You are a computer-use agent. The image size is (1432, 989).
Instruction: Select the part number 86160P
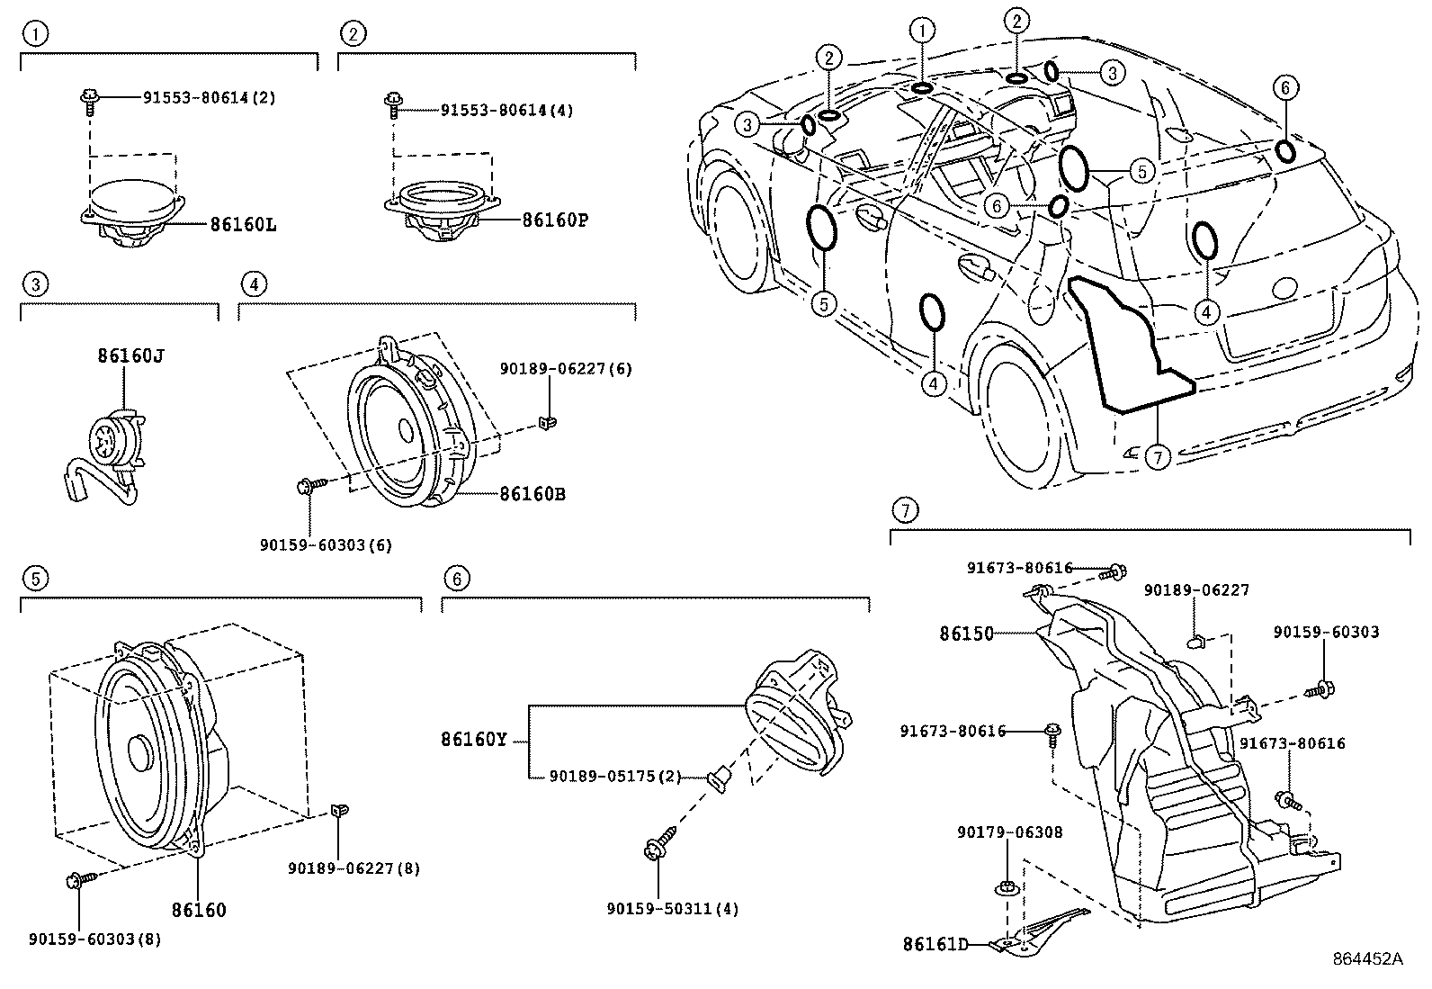(x=554, y=219)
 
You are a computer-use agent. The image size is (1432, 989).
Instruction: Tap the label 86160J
(x=130, y=355)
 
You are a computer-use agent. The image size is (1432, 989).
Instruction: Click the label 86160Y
(x=473, y=740)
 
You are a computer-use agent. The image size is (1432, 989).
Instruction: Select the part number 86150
(x=966, y=634)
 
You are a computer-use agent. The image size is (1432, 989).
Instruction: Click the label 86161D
(x=935, y=944)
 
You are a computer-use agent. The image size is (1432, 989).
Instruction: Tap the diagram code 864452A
(x=1367, y=959)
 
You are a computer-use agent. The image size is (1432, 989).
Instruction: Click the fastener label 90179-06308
(x=1009, y=832)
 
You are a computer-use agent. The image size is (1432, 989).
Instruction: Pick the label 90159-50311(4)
(x=672, y=909)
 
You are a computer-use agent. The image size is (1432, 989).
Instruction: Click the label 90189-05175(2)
(x=615, y=776)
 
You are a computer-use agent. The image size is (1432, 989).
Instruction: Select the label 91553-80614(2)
(x=209, y=97)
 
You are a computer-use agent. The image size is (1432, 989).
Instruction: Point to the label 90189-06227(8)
(x=354, y=868)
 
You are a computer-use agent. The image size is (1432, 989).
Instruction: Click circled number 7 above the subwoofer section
(x=905, y=510)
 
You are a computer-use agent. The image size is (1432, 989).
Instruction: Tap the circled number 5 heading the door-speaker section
(x=34, y=578)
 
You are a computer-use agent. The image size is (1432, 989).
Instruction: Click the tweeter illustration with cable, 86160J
(x=108, y=450)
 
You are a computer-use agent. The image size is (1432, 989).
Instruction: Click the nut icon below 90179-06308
(x=1006, y=888)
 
